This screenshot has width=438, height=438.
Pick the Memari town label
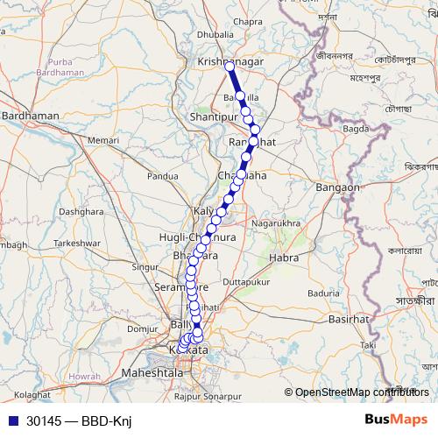point(102,140)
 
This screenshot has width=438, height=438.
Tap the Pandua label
point(163,176)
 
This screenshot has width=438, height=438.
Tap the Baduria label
point(323,293)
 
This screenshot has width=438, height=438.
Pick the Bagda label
point(355,129)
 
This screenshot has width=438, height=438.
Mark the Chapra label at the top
point(249,46)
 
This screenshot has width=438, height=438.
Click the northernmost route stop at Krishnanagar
point(230,66)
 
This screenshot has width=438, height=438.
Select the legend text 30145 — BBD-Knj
point(78,420)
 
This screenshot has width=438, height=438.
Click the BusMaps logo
point(396,420)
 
